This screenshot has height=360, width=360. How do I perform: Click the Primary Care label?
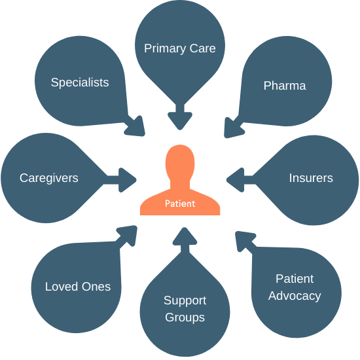[x=180, y=48]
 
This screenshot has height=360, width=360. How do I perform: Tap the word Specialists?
[x=80, y=82]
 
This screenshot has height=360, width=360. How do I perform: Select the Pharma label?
[x=285, y=86]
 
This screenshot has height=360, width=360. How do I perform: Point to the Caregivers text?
[x=49, y=178]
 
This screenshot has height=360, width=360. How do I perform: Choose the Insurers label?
[x=311, y=178]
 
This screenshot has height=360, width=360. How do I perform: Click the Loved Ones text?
[x=78, y=287]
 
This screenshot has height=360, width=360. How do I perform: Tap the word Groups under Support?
[x=185, y=317]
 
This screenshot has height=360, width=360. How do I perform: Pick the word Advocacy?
[x=295, y=296]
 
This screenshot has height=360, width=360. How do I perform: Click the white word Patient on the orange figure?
[x=180, y=204]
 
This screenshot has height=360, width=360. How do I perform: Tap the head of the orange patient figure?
[x=180, y=162]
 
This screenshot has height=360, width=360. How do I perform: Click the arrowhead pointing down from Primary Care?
[x=180, y=121]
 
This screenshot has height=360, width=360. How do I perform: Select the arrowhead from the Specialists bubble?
[x=136, y=128]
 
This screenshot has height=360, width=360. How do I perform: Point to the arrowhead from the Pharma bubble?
[x=233, y=128]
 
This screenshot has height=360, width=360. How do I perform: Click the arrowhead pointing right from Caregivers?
[x=128, y=180]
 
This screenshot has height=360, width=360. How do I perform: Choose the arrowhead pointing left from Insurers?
[x=235, y=180]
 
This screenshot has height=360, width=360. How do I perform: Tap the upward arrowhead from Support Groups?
[x=185, y=236]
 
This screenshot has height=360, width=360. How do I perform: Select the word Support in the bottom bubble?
[x=185, y=301]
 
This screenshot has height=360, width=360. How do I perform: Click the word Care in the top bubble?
[x=203, y=48]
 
